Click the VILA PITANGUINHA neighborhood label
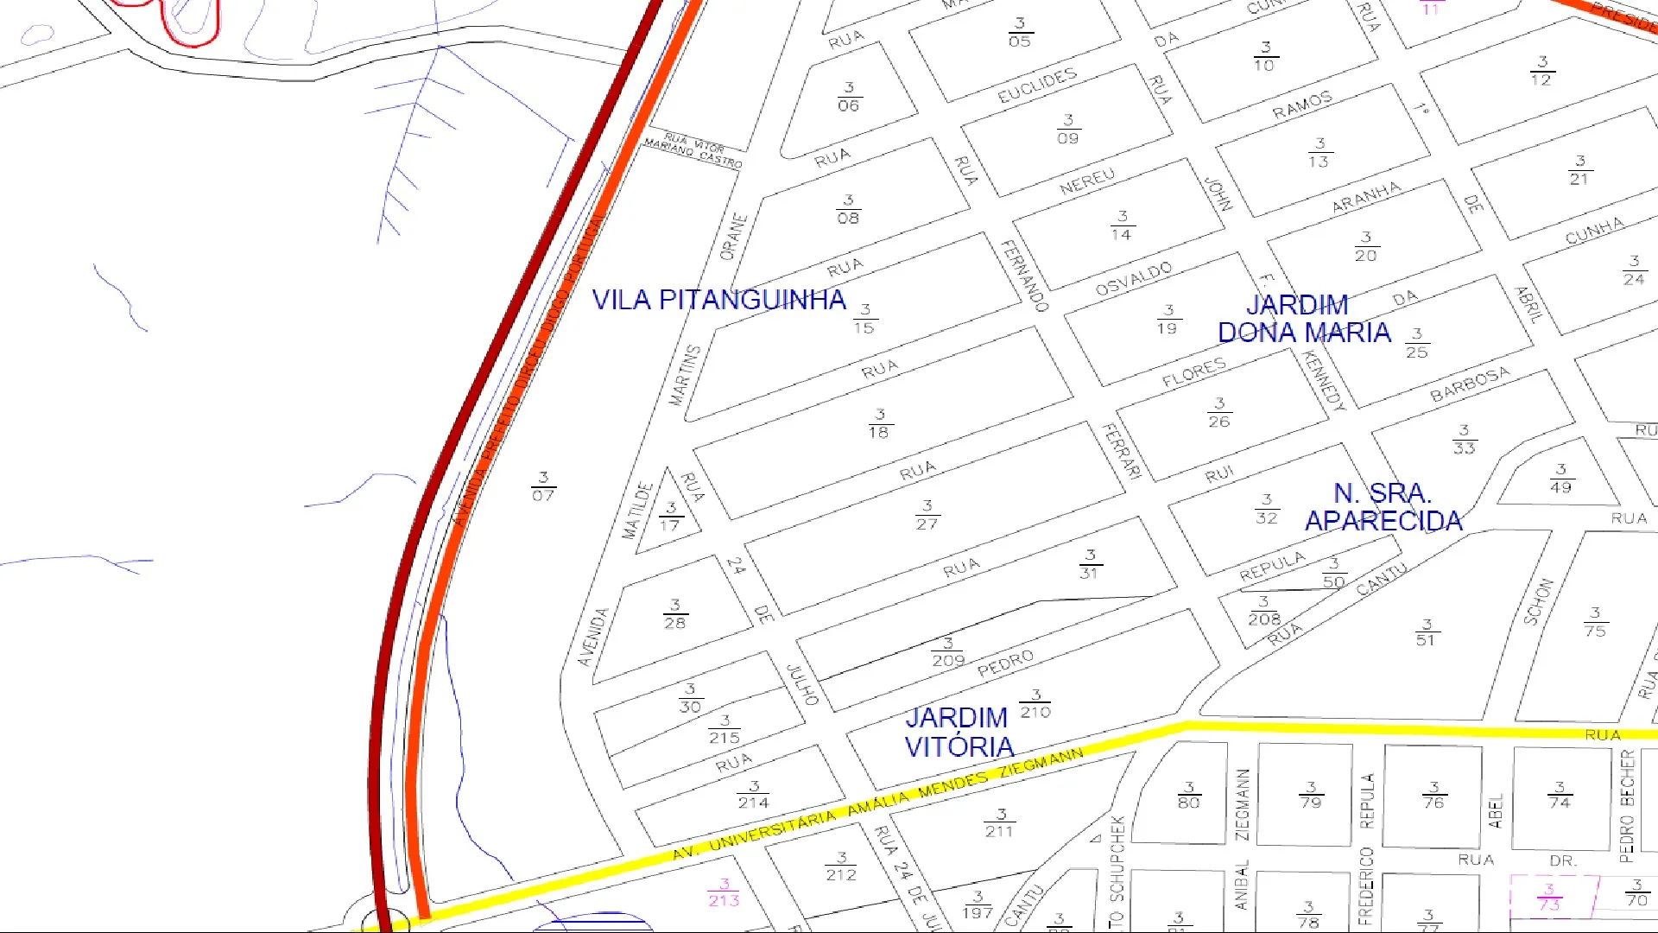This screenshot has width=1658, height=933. (718, 300)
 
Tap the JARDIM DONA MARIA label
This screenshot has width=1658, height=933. (1303, 319)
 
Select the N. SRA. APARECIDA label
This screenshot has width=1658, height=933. (1383, 507)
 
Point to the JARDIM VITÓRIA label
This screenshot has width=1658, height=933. (959, 732)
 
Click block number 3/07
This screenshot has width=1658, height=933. (542, 486)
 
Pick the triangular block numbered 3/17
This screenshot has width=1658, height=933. (670, 517)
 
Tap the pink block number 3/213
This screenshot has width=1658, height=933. (724, 892)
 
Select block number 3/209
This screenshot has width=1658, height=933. (947, 652)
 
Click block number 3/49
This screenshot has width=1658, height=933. (1560, 479)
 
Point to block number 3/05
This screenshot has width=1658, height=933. (1019, 33)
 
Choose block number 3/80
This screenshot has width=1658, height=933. (1188, 795)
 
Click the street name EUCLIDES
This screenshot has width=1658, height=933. (1037, 86)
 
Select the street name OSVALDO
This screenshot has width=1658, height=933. (1134, 278)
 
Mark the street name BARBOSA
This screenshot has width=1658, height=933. (1470, 384)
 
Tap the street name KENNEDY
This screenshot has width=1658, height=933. (1324, 381)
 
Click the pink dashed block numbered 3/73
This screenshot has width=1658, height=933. (1549, 898)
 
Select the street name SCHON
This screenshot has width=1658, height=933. (1538, 602)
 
